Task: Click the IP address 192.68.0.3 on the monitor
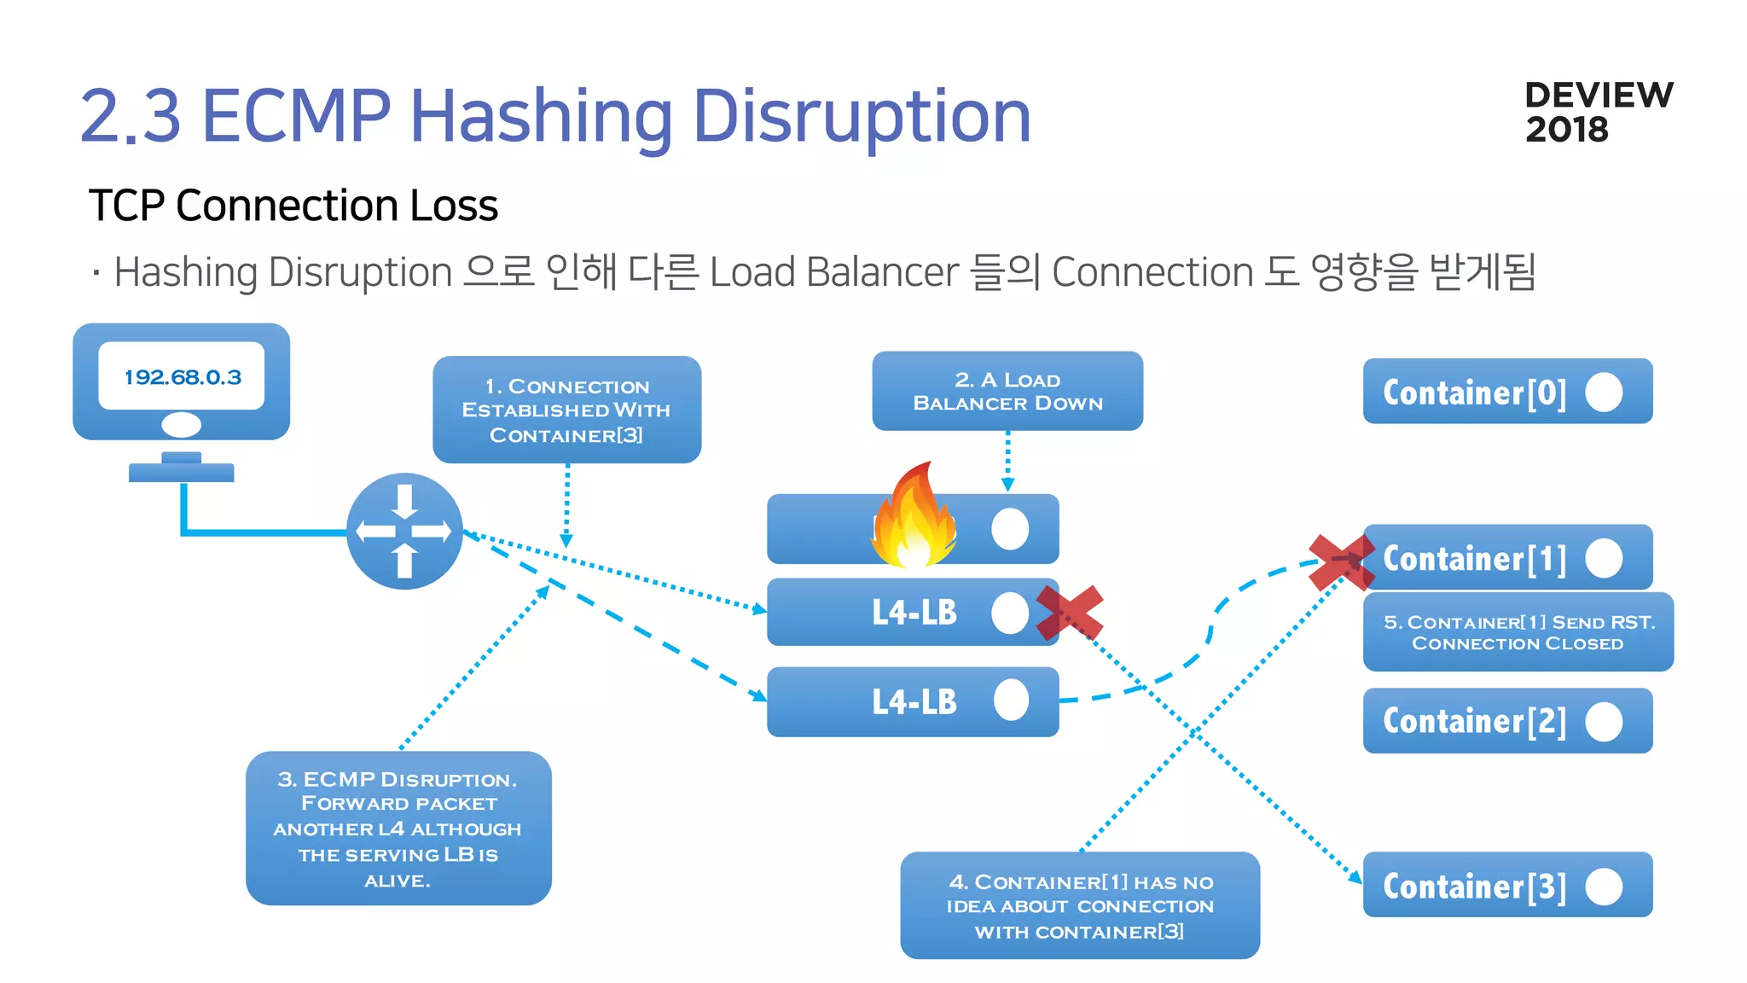click(183, 377)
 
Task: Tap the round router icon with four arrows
click(404, 531)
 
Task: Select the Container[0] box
click(1506, 392)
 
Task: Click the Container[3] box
click(1506, 885)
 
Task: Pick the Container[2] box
click(1506, 721)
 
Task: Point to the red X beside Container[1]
click(1341, 562)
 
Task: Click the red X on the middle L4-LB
click(1069, 613)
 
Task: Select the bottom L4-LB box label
click(914, 701)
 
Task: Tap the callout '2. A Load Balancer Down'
click(1007, 391)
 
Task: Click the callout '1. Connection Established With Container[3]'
click(566, 410)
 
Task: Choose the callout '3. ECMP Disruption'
click(398, 828)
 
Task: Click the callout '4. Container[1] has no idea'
click(1079, 905)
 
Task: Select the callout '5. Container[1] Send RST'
click(1518, 632)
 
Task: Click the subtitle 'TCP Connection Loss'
click(293, 206)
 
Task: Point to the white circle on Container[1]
click(1604, 558)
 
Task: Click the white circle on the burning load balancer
click(1010, 529)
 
